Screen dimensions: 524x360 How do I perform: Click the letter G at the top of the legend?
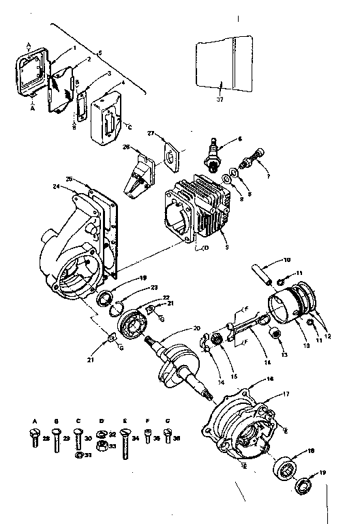pyautogui.click(x=167, y=421)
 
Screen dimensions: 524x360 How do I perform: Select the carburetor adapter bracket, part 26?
pyautogui.click(x=137, y=175)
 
